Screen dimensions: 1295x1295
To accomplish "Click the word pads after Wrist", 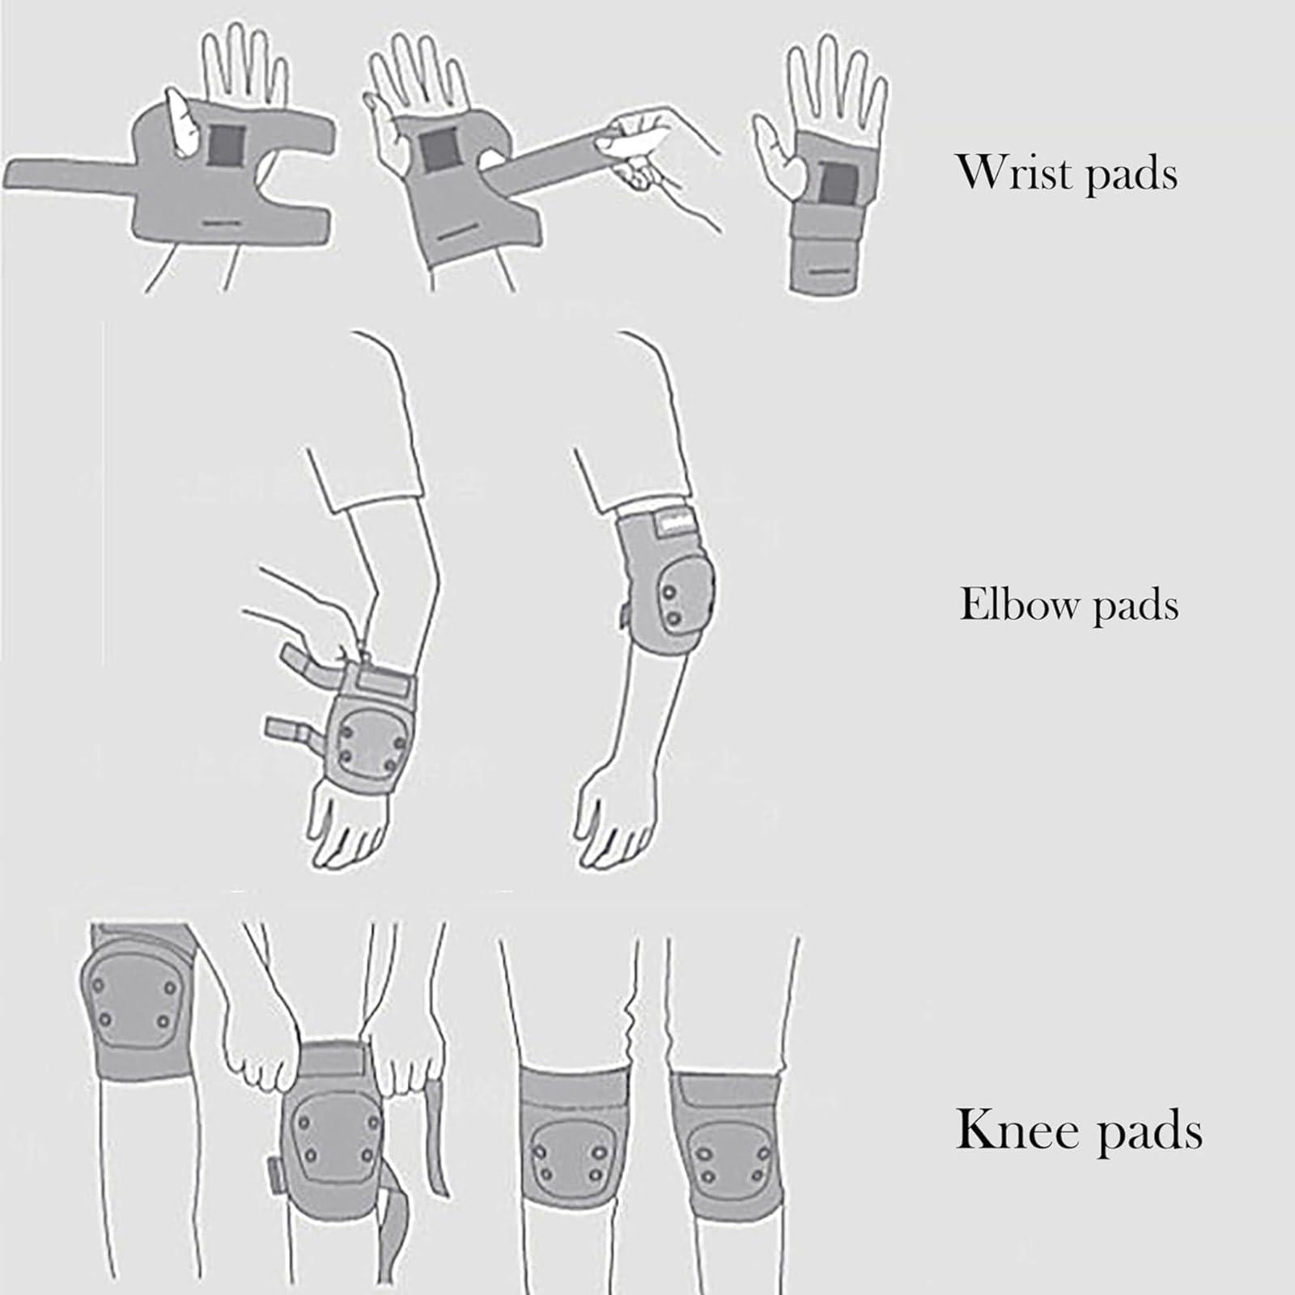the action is click(x=1132, y=175).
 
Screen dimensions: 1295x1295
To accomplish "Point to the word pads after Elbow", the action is click(x=1136, y=608).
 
